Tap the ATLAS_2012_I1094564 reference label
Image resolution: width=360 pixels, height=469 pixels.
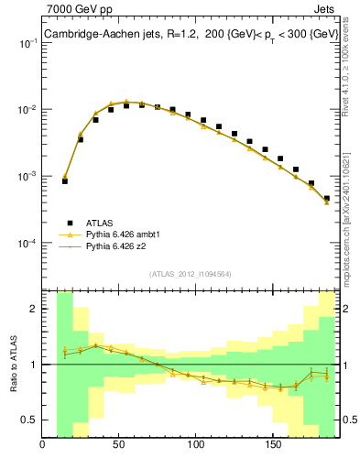[x=189, y=272]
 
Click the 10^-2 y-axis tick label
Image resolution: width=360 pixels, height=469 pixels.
[x=27, y=110]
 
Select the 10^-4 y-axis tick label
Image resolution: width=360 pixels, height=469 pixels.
[x=27, y=243]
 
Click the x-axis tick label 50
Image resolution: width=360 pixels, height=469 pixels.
[x=119, y=446]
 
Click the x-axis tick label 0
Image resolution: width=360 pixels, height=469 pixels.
[x=43, y=446]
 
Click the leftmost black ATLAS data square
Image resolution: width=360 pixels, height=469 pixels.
[x=65, y=181]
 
